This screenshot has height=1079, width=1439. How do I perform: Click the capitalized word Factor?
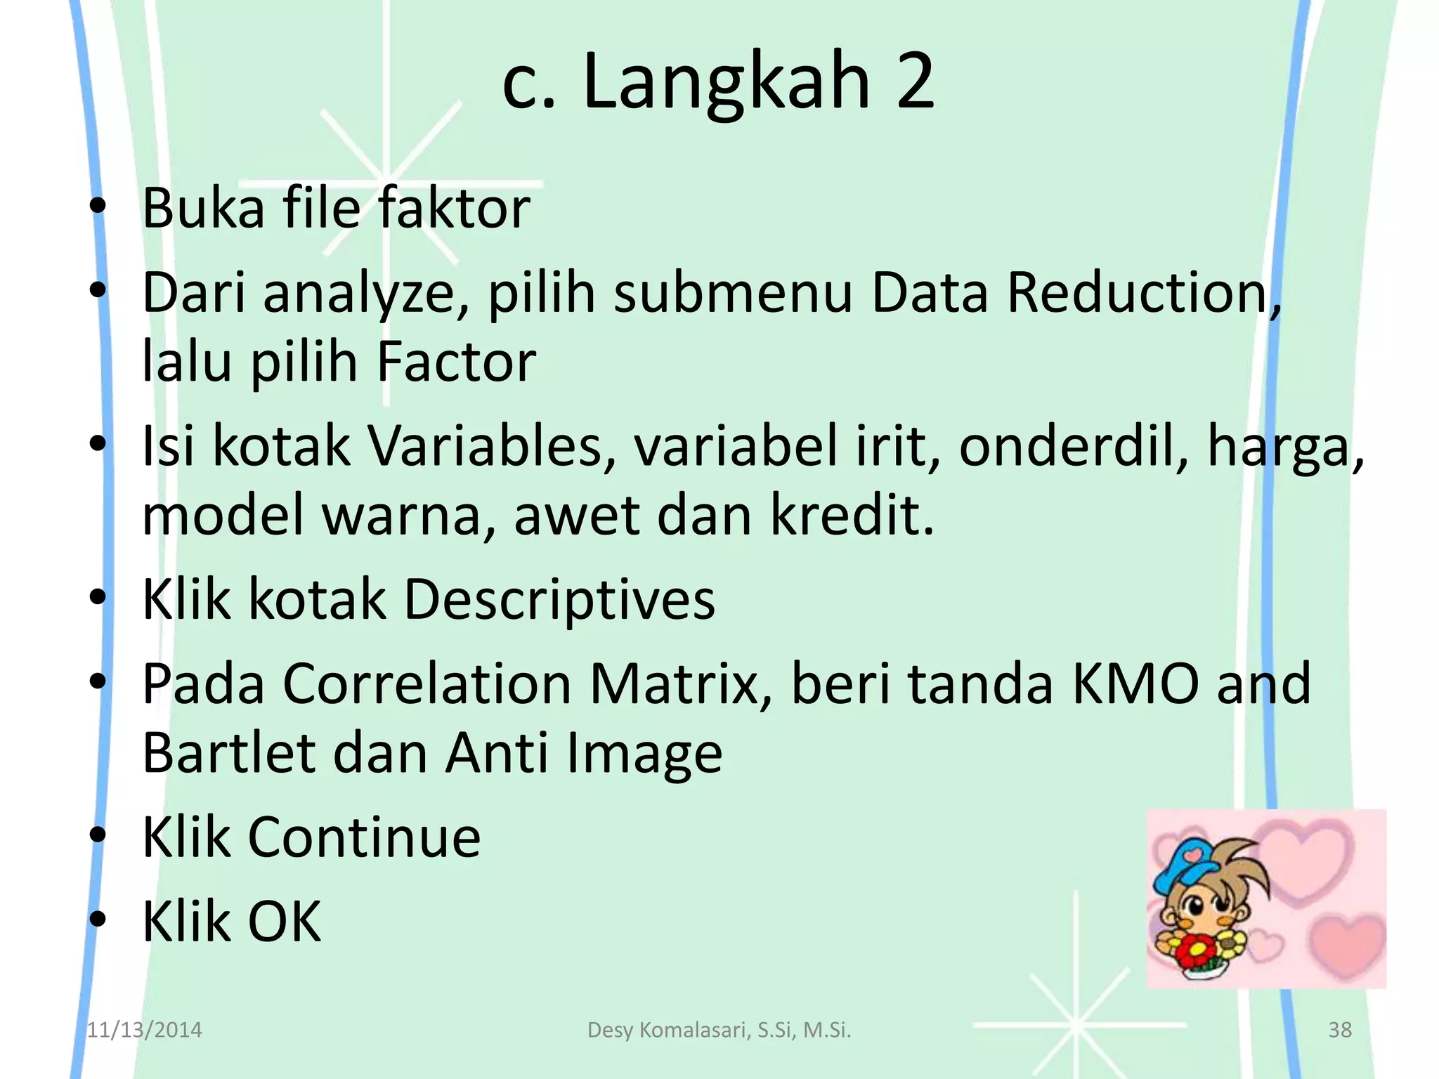pyautogui.click(x=456, y=362)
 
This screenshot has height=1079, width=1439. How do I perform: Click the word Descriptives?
pyautogui.click(x=559, y=599)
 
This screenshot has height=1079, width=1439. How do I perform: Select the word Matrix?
pyautogui.click(x=681, y=683)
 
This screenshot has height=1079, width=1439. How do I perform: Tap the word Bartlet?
pyautogui.click(x=229, y=752)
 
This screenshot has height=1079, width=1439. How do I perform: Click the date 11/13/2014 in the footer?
pyautogui.click(x=144, y=1030)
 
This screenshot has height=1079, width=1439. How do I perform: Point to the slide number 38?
pyautogui.click(x=1340, y=1030)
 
